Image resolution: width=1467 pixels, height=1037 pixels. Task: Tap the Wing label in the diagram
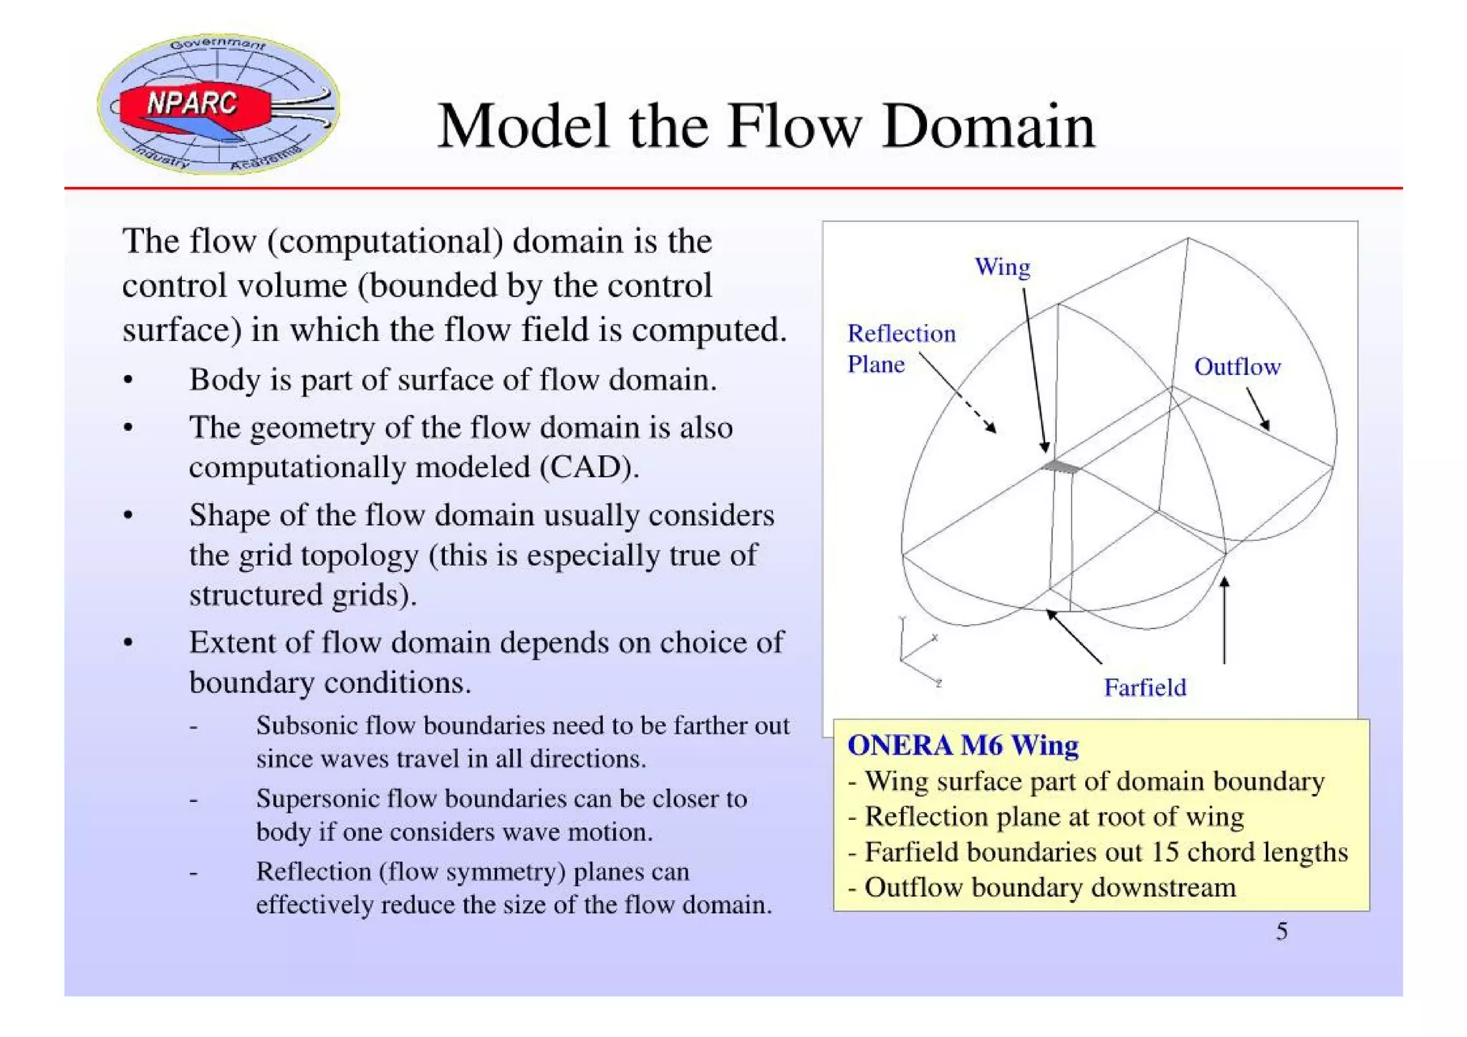pyautogui.click(x=1002, y=267)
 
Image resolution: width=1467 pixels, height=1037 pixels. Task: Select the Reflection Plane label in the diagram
pyautogui.click(x=900, y=349)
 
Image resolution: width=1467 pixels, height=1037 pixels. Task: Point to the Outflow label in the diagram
pyautogui.click(x=1236, y=367)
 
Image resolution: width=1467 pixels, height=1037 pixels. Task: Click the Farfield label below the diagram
pyautogui.click(x=1144, y=688)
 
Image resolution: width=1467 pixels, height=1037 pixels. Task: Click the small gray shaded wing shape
pyautogui.click(x=1061, y=467)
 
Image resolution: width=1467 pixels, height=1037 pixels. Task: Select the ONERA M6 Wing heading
pyautogui.click(x=963, y=745)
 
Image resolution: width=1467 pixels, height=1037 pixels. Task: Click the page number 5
pyautogui.click(x=1281, y=932)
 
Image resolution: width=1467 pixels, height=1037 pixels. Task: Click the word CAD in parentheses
pyautogui.click(x=587, y=467)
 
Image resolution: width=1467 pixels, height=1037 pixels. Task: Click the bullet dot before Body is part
pyautogui.click(x=128, y=381)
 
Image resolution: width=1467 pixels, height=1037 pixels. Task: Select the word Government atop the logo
pyautogui.click(x=217, y=44)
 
